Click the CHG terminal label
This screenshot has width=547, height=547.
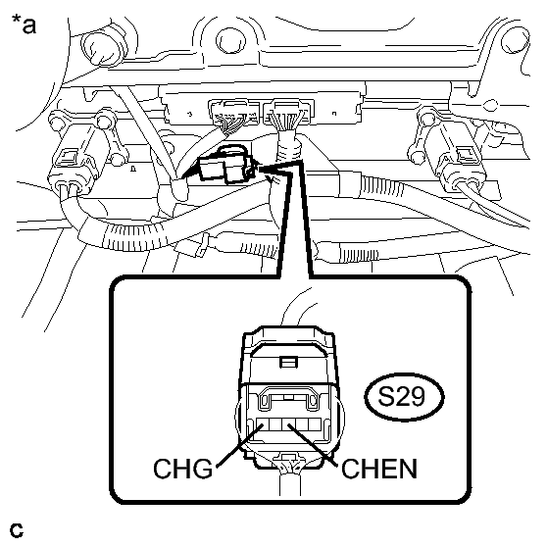coord(182,469)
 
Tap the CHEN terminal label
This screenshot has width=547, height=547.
coord(379,469)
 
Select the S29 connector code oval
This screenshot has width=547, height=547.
coord(404,397)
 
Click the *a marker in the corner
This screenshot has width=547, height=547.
coord(24,24)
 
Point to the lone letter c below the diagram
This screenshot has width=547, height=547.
coord(17,530)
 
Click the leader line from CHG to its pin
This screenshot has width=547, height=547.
coord(239,445)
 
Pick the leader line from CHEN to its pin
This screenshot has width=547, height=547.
coord(313,445)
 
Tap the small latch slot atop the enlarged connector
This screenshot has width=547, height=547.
coord(289,362)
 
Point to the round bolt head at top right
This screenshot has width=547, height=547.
coord(515,40)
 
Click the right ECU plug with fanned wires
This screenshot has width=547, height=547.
coord(288,114)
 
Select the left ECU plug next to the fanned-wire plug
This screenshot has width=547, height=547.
coord(234,113)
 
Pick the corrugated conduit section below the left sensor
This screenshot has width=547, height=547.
coord(132,234)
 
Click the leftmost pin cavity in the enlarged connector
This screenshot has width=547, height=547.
coord(263,423)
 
